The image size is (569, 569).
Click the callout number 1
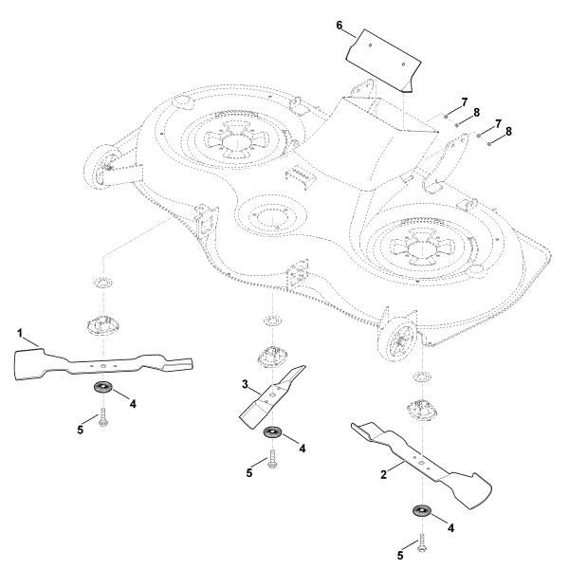pyautogui.click(x=20, y=334)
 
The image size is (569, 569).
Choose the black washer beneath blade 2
pyautogui.click(x=421, y=512)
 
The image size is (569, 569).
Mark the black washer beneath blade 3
pyautogui.click(x=272, y=433)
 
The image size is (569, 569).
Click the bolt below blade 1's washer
pyautogui.click(x=101, y=417)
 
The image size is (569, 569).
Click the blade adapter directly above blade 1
pyautogui.click(x=104, y=322)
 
